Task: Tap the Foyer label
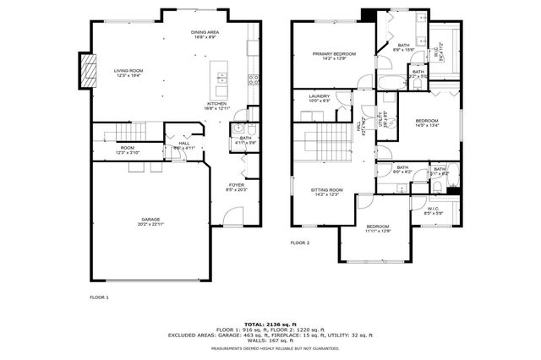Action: pos(235,187)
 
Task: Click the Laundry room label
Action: pos(319,98)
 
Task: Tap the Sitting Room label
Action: pos(329,192)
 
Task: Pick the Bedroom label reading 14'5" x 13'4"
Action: pos(427,123)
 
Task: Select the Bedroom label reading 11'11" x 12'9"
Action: pos(377,229)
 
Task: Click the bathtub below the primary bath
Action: pos(391,83)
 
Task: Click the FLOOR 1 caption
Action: pos(100,297)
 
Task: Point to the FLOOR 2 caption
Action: pos(301,243)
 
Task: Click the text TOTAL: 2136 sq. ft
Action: pos(270,324)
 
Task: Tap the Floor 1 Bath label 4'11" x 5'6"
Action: pos(245,139)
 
